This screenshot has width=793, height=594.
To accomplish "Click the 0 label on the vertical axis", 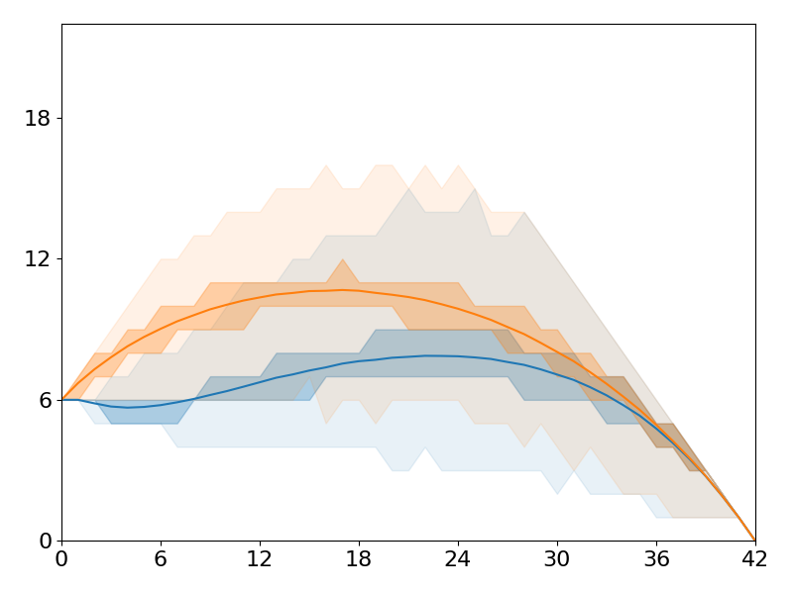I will [45, 542].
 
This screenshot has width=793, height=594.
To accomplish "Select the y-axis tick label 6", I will [45, 400].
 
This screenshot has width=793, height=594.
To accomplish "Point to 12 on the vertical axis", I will [39, 259].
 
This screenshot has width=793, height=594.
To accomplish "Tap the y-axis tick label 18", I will [39, 119].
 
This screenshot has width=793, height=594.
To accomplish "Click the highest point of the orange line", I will [342, 290].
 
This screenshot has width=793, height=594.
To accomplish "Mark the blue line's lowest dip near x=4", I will [128, 407].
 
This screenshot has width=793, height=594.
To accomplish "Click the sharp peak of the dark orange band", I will [342, 260].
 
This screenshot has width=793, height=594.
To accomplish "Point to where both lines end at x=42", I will [754, 540].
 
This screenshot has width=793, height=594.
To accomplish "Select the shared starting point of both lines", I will [62, 399].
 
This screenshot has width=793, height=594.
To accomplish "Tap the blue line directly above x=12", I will [260, 383].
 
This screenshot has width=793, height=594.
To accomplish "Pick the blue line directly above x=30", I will [557, 374].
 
